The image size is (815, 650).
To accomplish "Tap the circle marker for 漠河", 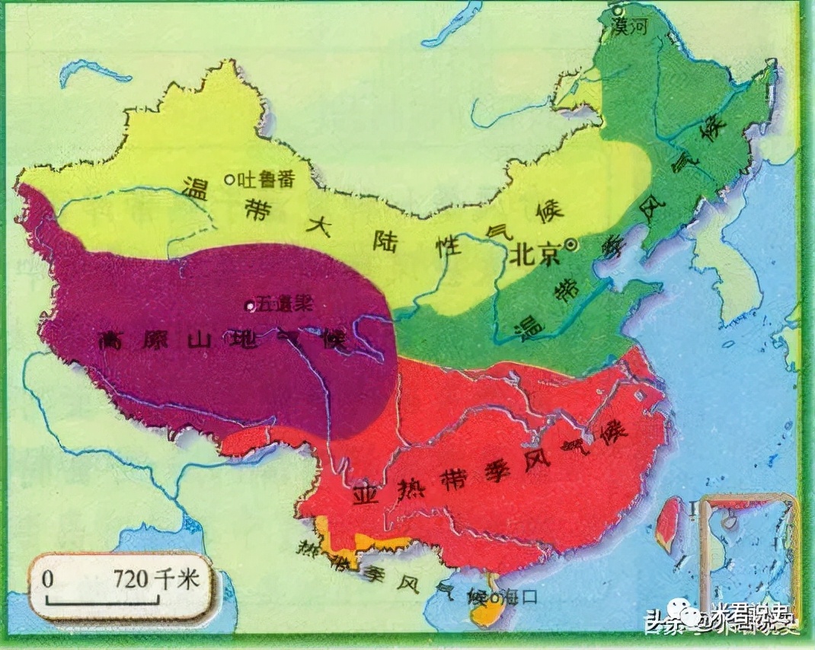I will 621,11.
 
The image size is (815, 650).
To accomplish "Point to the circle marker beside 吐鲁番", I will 229,180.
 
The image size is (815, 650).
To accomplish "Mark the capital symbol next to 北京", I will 571,245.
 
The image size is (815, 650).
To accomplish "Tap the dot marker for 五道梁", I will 248,306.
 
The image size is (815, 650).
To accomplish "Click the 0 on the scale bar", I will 48,579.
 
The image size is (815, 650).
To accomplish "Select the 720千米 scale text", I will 156,578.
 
